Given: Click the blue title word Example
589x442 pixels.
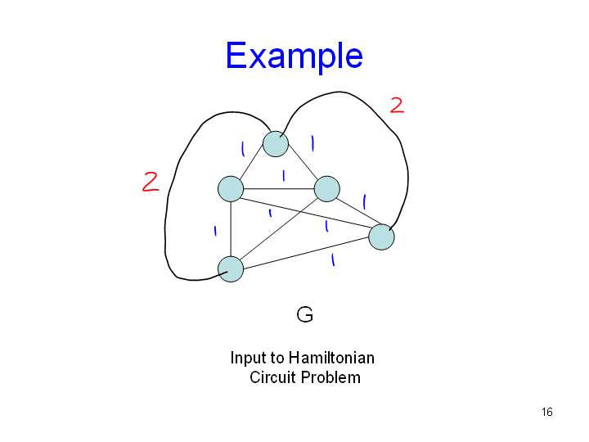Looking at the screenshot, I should tap(294, 56).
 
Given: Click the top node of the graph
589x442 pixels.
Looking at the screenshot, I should tap(276, 143).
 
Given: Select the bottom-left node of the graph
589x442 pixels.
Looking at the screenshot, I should tap(231, 268).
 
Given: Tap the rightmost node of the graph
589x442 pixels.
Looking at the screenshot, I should tap(381, 237).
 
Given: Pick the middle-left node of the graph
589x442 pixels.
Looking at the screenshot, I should tap(231, 189).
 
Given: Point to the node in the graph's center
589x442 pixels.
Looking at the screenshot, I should tap(326, 188).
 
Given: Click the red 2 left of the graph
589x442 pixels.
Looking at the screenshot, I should tap(150, 182).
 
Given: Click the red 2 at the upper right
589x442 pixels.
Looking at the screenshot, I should tap(397, 105).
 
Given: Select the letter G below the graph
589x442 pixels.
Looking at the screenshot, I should tap(304, 314).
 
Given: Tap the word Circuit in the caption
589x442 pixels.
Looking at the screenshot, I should tap(273, 377).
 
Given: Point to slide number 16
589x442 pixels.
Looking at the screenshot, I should tap(546, 412).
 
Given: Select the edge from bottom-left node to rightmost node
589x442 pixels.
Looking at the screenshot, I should tap(306, 253).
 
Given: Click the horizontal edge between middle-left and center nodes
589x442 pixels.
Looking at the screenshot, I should tap(278, 189).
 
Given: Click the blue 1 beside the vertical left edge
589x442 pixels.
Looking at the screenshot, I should tap(214, 232).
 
